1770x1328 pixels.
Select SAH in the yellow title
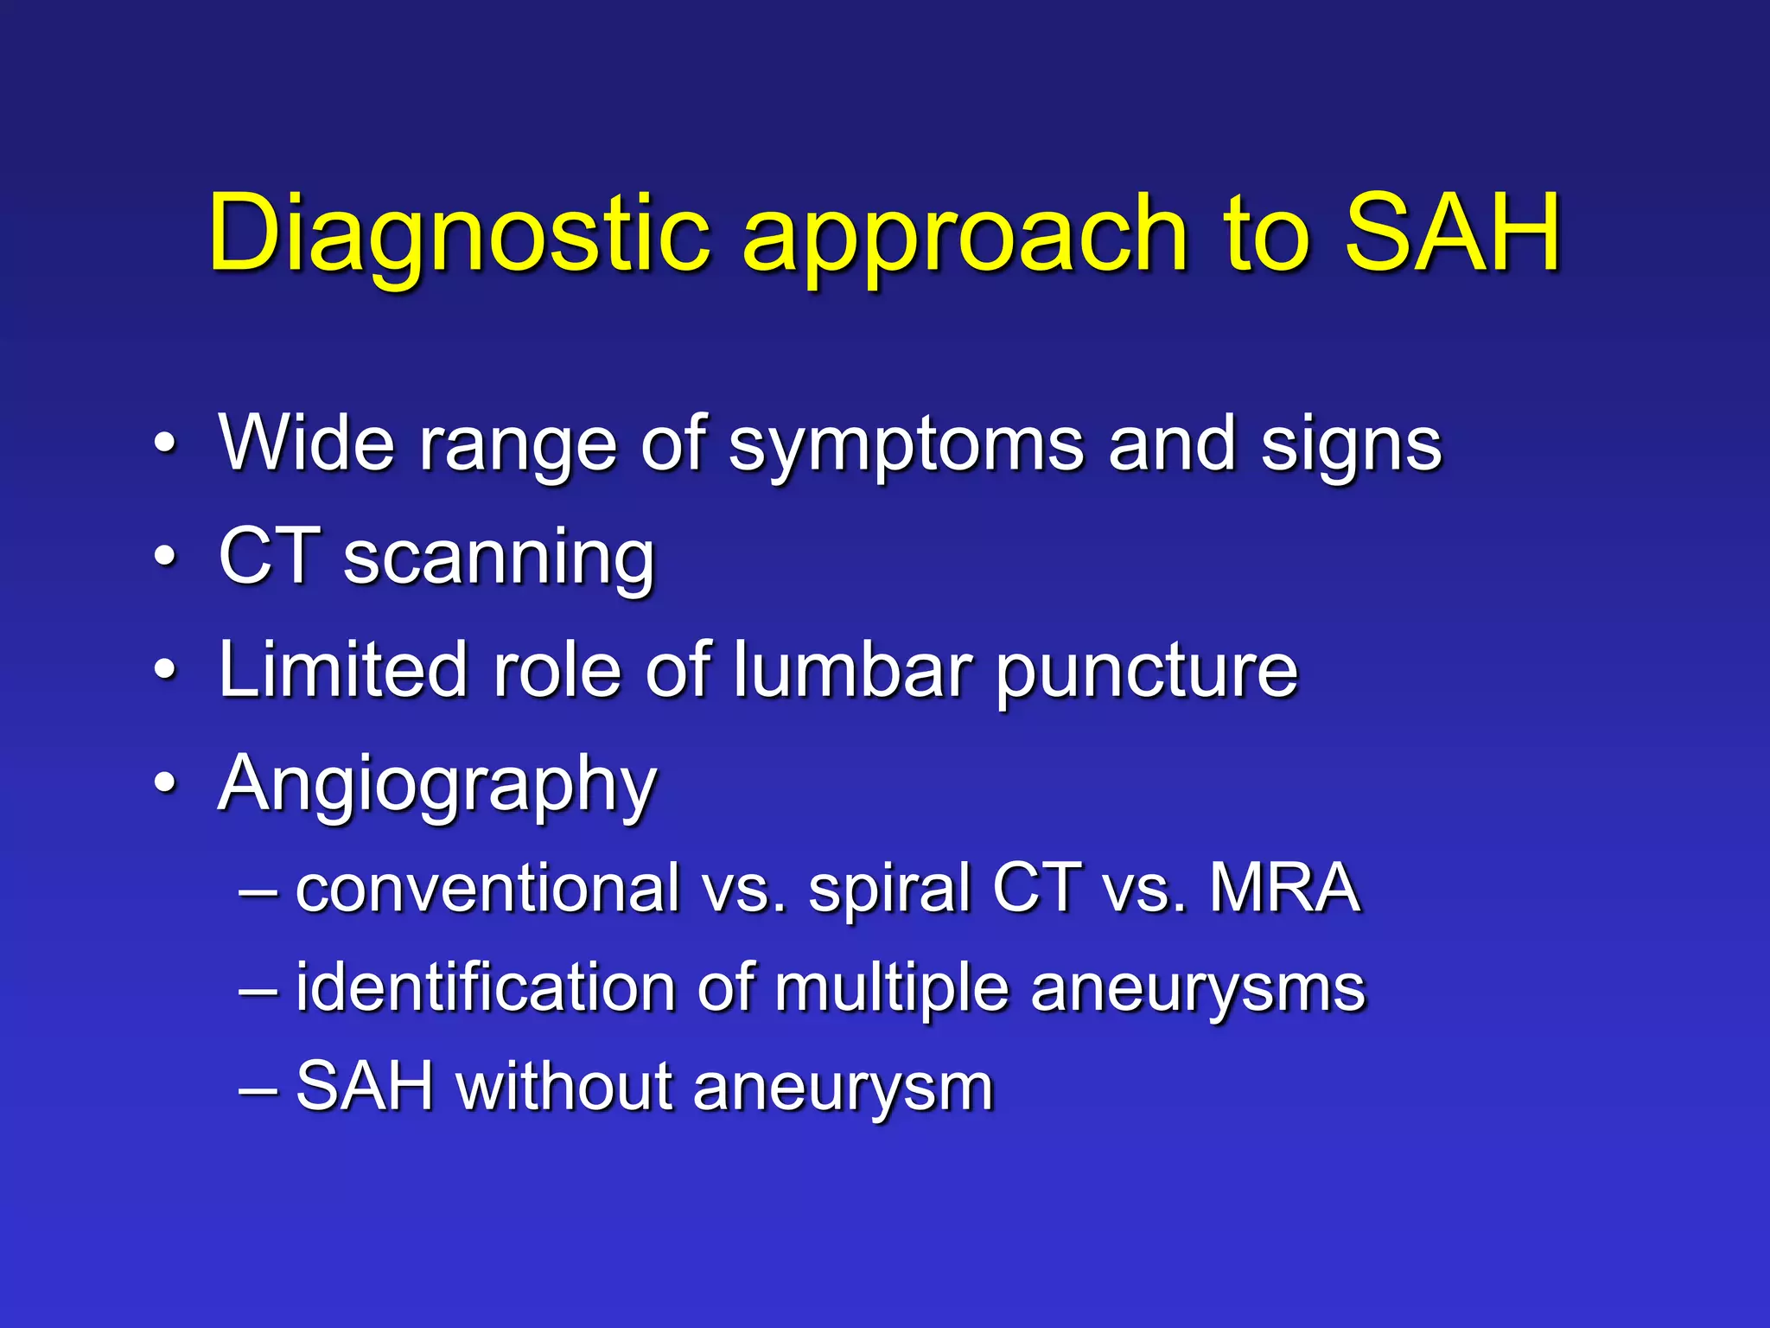point(1452,232)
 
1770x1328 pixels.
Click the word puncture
point(1146,674)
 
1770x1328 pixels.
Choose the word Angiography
point(437,786)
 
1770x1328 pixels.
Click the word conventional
point(487,888)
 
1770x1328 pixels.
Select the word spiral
point(889,891)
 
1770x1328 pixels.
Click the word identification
point(485,987)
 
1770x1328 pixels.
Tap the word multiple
point(891,990)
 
